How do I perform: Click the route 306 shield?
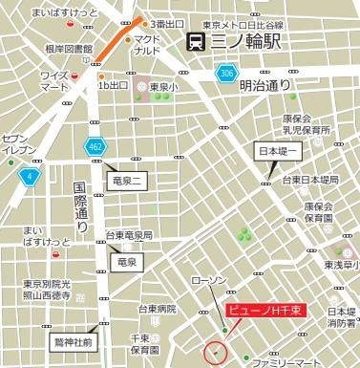[225, 74]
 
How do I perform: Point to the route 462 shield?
[95, 147]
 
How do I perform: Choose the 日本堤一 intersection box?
[278, 151]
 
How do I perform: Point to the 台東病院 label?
[157, 309]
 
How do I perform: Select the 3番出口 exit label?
[167, 23]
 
